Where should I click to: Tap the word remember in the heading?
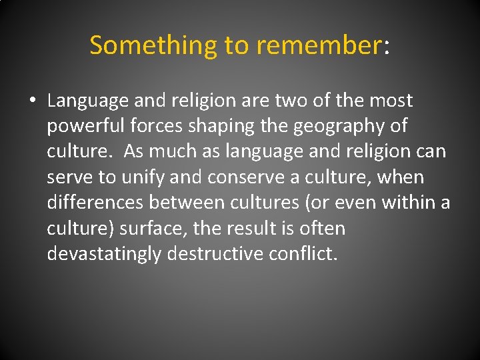pos(318,45)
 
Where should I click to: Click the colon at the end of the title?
pos(386,47)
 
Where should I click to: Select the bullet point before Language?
pos(31,101)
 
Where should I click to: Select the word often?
pos(323,229)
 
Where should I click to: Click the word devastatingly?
pos(104,254)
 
